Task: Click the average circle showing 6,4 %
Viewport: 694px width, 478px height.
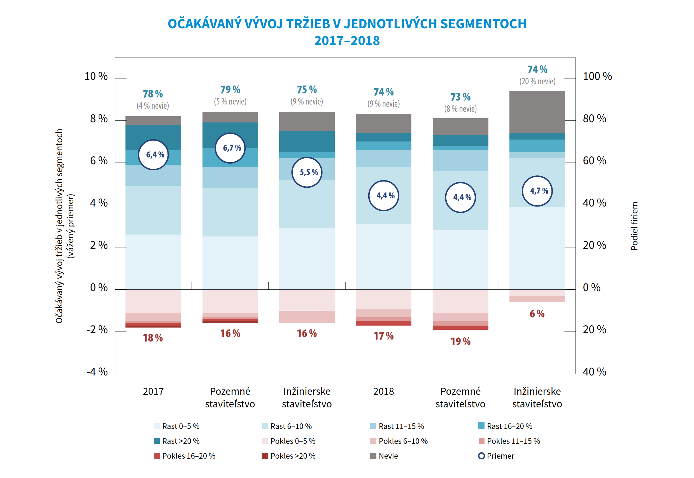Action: point(153,155)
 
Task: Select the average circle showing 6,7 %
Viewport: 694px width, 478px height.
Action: point(230,148)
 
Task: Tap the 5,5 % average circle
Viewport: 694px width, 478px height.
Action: point(307,172)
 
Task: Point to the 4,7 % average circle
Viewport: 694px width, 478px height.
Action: point(537,191)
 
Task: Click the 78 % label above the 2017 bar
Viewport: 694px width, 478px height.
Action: point(153,94)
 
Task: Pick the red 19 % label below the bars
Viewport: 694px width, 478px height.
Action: point(460,342)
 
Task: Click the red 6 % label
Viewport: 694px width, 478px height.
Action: point(537,314)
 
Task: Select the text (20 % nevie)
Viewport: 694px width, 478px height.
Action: point(537,82)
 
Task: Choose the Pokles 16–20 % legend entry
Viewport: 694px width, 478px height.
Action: point(185,456)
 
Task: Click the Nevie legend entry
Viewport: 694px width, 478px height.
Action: point(384,456)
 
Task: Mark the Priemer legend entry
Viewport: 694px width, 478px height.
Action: point(496,456)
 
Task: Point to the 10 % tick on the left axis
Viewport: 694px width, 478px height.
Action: point(96,76)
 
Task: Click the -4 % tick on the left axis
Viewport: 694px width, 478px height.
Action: point(97,372)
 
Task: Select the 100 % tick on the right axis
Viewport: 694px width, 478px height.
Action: point(597,76)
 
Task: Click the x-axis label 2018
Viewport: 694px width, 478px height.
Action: point(383,391)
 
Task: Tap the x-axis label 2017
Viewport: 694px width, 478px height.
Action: point(153,391)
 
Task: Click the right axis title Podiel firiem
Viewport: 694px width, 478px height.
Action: point(634,226)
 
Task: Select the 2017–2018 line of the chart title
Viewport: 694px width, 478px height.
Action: point(347,41)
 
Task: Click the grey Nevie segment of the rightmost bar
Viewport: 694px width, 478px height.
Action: point(537,112)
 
